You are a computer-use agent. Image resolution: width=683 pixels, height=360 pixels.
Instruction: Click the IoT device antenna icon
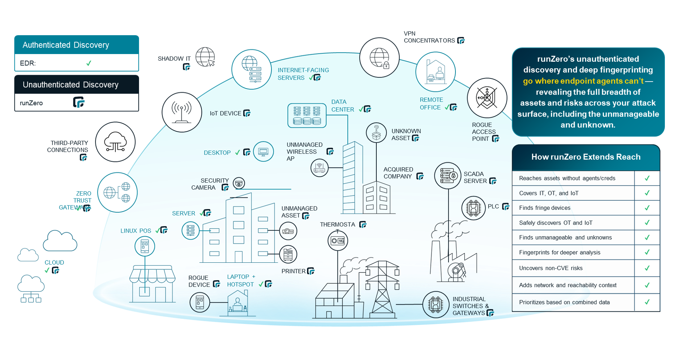coord(182,112)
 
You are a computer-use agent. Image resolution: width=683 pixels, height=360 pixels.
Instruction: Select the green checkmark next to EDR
coord(89,63)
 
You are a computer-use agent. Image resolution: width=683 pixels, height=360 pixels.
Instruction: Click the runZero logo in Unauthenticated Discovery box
coord(79,102)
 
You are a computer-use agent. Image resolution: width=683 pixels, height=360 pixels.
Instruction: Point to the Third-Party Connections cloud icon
coord(115,142)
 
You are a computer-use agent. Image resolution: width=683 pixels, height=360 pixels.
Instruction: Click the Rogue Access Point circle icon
coord(487,98)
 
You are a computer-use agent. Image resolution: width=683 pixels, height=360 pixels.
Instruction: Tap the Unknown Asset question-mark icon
coord(376,132)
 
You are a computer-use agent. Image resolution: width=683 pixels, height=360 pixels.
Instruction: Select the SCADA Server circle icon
coord(448,176)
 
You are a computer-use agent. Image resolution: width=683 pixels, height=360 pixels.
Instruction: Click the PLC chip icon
coord(474,208)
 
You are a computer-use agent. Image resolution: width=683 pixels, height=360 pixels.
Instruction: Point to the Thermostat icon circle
coord(338,241)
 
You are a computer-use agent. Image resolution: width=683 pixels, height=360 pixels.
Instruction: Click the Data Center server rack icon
coord(307,115)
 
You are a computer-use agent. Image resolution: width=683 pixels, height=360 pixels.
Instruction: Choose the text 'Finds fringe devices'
coord(544,208)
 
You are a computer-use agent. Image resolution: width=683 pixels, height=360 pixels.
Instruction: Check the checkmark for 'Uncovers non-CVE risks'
coord(647,268)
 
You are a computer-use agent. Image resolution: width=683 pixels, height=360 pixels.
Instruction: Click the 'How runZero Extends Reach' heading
coord(586,157)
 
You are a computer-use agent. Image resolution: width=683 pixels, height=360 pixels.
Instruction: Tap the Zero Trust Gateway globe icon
coord(117,192)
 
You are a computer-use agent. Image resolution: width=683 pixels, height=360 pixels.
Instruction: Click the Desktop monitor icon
coord(263,151)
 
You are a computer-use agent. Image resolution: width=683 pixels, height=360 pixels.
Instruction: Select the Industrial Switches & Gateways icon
coord(436,304)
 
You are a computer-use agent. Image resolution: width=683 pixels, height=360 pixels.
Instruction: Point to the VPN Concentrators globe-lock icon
coord(379,58)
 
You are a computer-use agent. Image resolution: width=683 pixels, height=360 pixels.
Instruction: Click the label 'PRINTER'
coord(293,271)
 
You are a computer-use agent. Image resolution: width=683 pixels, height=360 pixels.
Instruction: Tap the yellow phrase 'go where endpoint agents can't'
coord(583,81)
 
